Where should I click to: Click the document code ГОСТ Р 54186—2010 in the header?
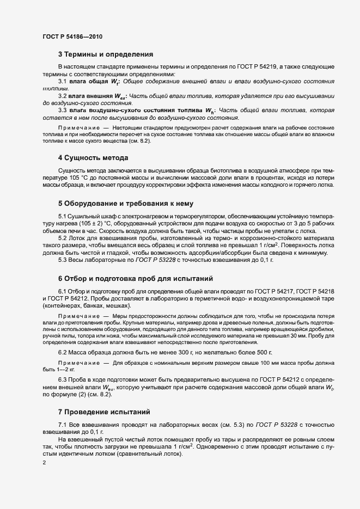click(72, 36)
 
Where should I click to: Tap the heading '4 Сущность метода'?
click(93, 158)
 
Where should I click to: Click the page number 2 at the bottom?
click(44, 463)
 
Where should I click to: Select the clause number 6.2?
click(62, 353)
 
